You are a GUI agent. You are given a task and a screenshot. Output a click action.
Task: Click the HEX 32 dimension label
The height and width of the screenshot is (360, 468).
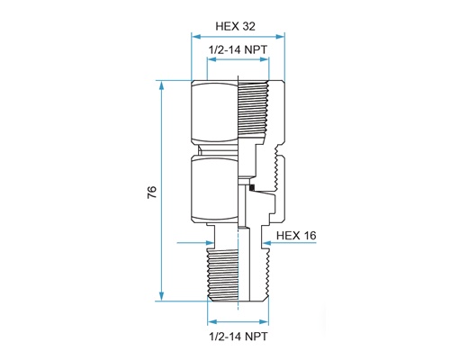236,26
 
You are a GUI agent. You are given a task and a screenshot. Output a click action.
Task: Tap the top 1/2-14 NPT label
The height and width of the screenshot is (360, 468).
238,49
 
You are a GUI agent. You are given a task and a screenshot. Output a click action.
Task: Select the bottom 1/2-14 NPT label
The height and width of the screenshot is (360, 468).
238,337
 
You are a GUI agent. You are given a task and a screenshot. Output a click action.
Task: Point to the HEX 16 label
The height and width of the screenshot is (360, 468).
296,236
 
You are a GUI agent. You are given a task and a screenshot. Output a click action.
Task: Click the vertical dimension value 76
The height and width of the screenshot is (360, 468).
152,192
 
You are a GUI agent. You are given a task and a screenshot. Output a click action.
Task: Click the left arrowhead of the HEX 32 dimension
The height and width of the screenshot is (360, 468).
196,37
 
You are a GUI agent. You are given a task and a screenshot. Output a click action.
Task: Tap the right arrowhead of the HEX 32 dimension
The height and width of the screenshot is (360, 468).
280,37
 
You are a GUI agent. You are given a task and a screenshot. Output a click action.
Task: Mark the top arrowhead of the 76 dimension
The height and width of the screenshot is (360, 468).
162,85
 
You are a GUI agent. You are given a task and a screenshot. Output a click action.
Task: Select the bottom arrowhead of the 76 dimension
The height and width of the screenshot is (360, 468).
162,296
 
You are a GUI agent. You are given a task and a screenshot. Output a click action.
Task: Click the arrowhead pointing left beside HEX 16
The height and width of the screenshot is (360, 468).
266,242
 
